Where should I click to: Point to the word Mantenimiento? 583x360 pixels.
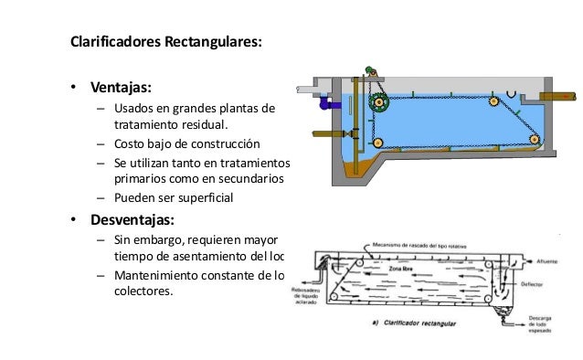point(163,275)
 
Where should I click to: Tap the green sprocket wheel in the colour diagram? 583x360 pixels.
point(376,104)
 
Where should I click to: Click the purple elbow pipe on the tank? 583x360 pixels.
point(323,105)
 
